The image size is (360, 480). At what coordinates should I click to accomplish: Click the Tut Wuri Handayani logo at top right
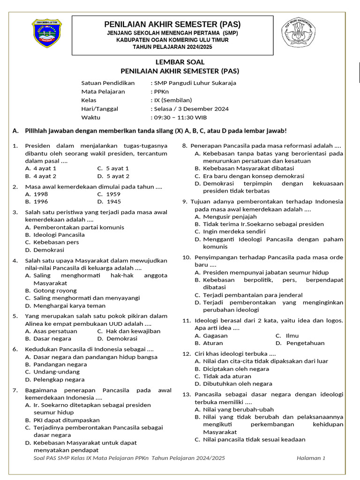click(299, 34)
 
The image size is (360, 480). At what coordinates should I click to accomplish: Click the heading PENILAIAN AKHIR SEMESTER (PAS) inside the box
click(172, 24)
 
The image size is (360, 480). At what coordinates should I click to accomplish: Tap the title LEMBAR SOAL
click(180, 62)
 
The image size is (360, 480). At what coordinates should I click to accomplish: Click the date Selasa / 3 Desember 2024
click(191, 109)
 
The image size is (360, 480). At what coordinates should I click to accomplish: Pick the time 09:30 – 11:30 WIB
click(180, 117)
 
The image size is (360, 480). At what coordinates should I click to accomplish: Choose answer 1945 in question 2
click(113, 202)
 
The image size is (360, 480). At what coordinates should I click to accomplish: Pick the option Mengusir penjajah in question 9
click(230, 217)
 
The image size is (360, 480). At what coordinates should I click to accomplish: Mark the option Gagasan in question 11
click(215, 336)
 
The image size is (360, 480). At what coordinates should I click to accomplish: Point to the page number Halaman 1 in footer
click(311, 458)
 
